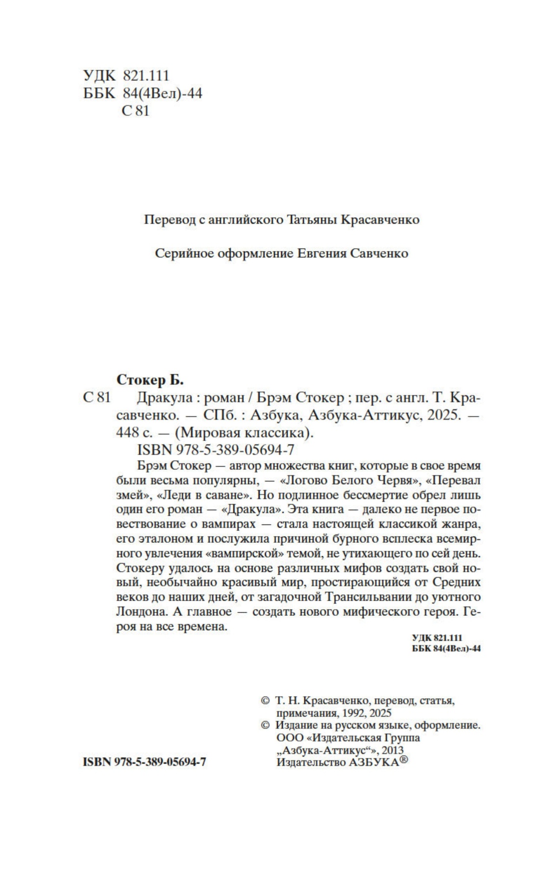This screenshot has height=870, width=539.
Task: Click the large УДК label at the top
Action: pyautogui.click(x=99, y=75)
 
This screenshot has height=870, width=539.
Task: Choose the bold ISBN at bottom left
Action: pyautogui.click(x=145, y=762)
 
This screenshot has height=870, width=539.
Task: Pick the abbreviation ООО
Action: pyautogui.click(x=289, y=738)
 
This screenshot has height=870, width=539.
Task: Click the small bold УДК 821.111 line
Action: pyautogui.click(x=437, y=637)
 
